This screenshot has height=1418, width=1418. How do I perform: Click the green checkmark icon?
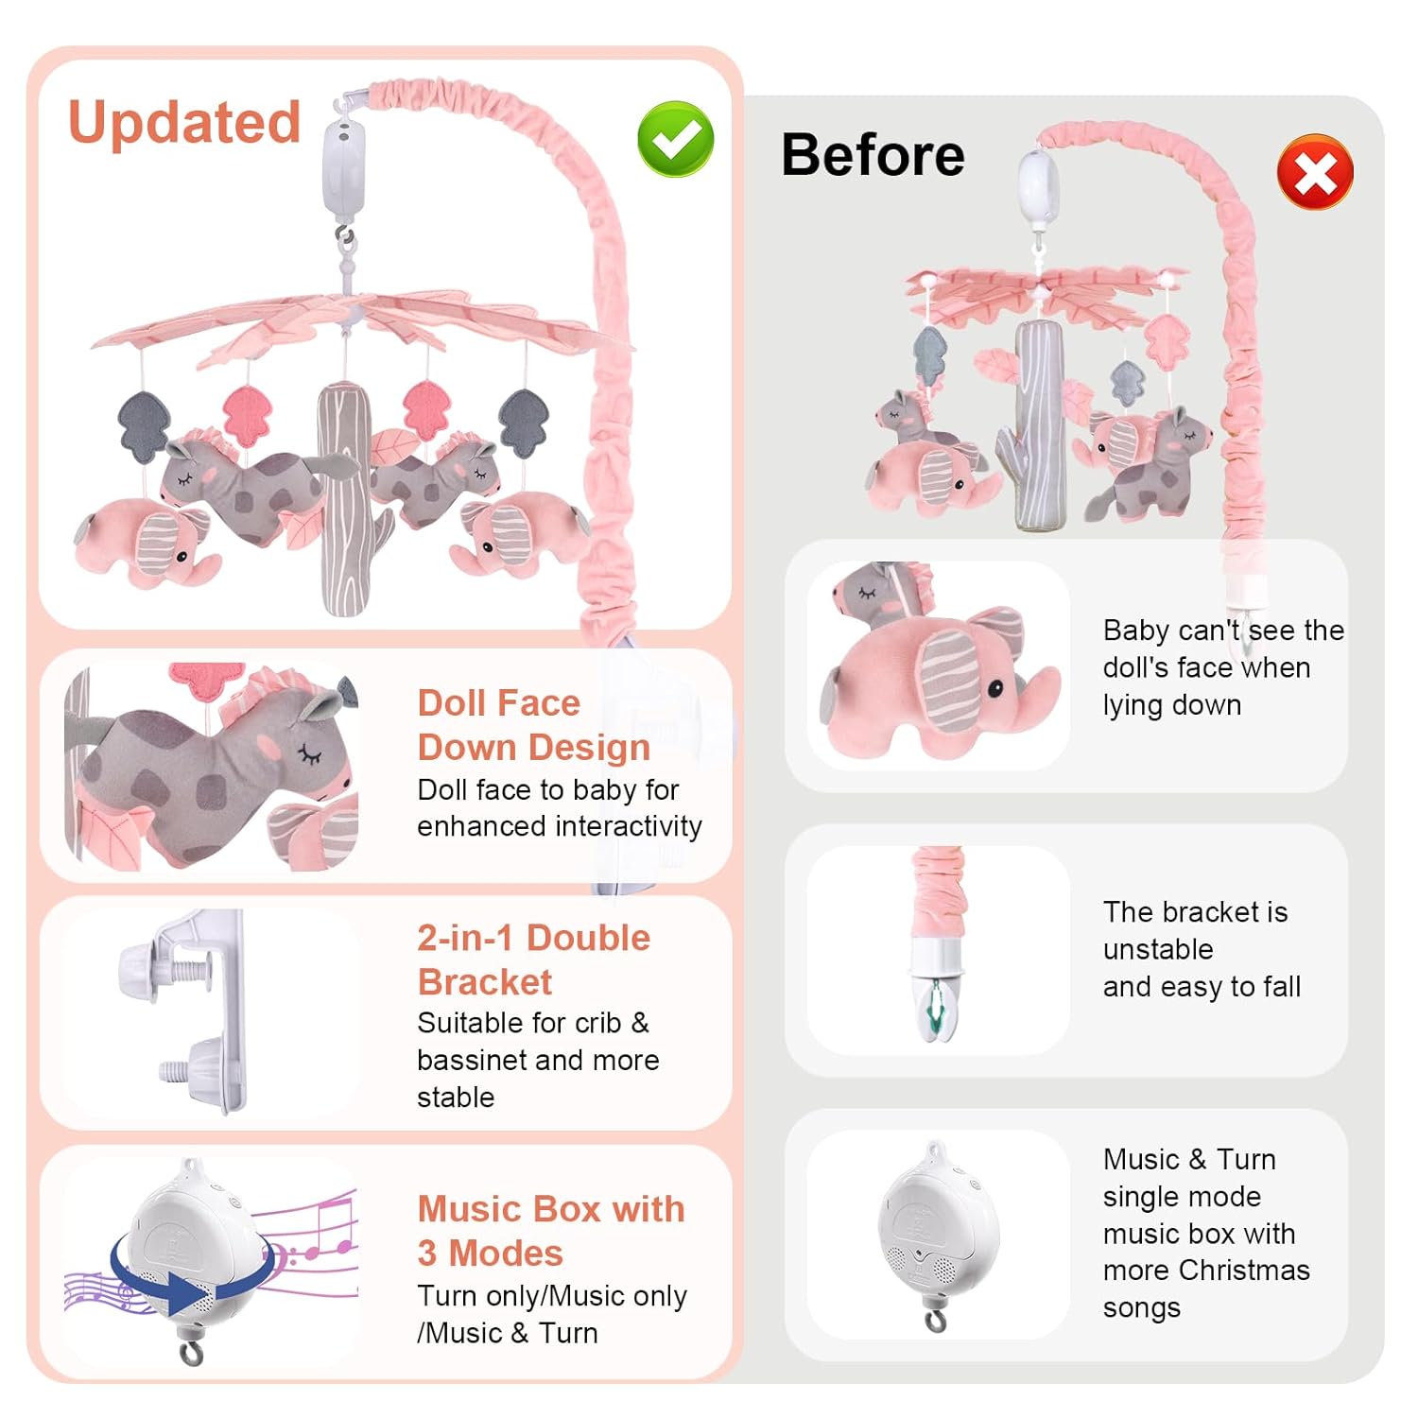tap(675, 139)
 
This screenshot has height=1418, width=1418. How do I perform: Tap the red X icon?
tap(1315, 172)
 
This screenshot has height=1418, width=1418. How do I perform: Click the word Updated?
tap(184, 123)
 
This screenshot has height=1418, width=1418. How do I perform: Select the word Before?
tap(873, 154)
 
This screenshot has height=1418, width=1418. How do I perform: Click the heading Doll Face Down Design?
tap(534, 725)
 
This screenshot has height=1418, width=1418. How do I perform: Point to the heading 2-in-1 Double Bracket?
tap(534, 960)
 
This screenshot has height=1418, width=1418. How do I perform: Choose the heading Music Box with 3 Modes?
tap(551, 1231)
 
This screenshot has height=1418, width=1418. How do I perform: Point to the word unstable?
tap(1158, 949)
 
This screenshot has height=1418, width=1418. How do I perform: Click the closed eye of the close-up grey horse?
tap(310, 753)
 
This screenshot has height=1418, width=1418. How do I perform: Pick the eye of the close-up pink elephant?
tap(996, 689)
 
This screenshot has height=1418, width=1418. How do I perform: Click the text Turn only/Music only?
tap(552, 1296)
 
